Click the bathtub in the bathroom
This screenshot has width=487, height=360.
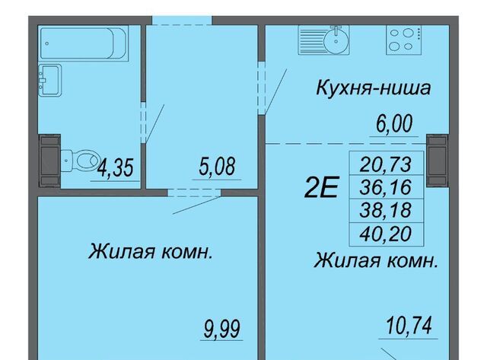pos(84,43)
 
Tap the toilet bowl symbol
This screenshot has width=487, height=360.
pos(81,161)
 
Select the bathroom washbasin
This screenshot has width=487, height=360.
pos(49,80)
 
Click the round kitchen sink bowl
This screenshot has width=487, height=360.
pos(336,40)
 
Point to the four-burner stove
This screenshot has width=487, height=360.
pos(403,40)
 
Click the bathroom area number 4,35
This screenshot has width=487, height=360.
pos(115,167)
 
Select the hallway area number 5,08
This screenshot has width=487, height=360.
pos(217,166)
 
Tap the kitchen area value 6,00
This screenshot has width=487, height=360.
pos(394,123)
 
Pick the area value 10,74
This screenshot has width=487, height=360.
pos(409,326)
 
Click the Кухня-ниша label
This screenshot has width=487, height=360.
pos(374,88)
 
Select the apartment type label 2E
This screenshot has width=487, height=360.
pos(321,187)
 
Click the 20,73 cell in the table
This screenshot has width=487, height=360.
pos(387,164)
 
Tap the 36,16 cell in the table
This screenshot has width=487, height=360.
pos(387,187)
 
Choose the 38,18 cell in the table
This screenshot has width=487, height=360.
pos(387,210)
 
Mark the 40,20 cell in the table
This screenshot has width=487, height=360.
pos(387,234)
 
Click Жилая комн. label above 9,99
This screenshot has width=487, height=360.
pos(151,251)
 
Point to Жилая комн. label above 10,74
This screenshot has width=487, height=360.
pos(376,260)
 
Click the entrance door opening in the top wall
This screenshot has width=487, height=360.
pos(182,21)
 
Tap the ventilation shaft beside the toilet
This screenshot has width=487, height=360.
pos(49,161)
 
